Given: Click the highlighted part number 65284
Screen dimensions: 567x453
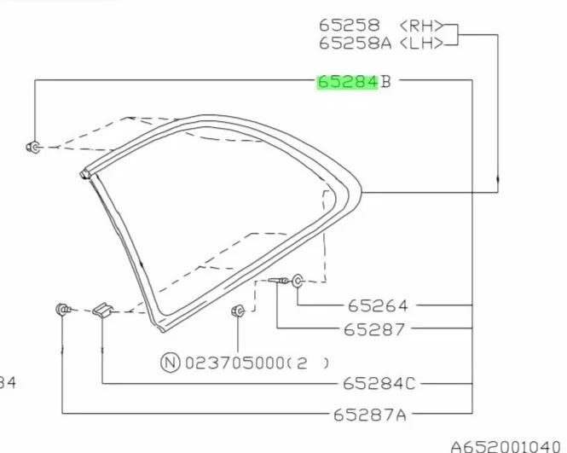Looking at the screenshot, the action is point(348,82).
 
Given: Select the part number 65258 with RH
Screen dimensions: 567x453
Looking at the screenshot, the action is point(350,26).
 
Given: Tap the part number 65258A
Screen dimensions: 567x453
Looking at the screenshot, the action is point(355,43).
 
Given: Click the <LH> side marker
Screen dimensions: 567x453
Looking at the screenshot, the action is point(422,43).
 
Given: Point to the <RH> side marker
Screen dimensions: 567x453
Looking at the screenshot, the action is point(422,26).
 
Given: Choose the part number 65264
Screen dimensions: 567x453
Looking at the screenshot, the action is point(378,305).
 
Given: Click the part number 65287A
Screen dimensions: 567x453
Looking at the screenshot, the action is point(369,415).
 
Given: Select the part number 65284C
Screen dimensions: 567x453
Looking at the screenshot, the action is point(379,384).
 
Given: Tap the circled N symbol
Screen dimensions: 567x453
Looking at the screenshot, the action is point(170,363).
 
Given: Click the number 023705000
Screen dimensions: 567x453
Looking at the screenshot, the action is point(235,363).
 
